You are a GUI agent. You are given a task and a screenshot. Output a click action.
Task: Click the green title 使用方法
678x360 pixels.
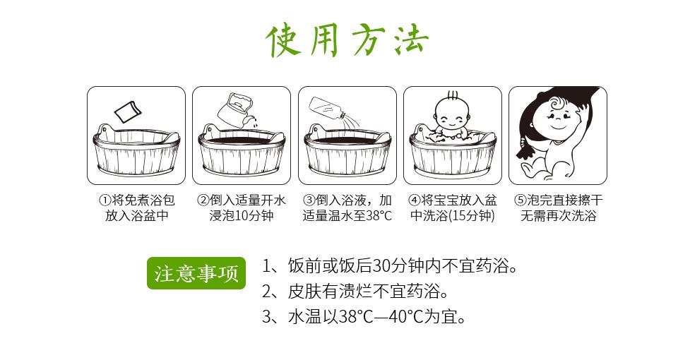pos(347,40)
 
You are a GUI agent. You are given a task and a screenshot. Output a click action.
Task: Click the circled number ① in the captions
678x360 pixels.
pos(104,200)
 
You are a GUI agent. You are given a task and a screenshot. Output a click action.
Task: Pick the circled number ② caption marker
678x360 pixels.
pos(203,200)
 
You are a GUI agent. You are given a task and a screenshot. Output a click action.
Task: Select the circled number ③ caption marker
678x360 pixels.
pos(309,200)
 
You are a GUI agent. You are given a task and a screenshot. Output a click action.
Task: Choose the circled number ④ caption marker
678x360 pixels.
pos(415,200)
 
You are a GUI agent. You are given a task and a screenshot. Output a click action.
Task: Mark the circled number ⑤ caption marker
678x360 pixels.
pos(520,200)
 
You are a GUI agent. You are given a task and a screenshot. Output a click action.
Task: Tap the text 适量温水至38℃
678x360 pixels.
pos(347,216)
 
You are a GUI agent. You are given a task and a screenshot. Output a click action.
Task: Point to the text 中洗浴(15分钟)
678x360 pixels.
pos(452,216)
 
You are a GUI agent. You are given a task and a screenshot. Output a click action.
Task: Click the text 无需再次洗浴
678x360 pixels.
pos(558,216)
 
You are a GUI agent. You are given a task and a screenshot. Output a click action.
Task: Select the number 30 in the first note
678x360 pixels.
pos(381,267)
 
